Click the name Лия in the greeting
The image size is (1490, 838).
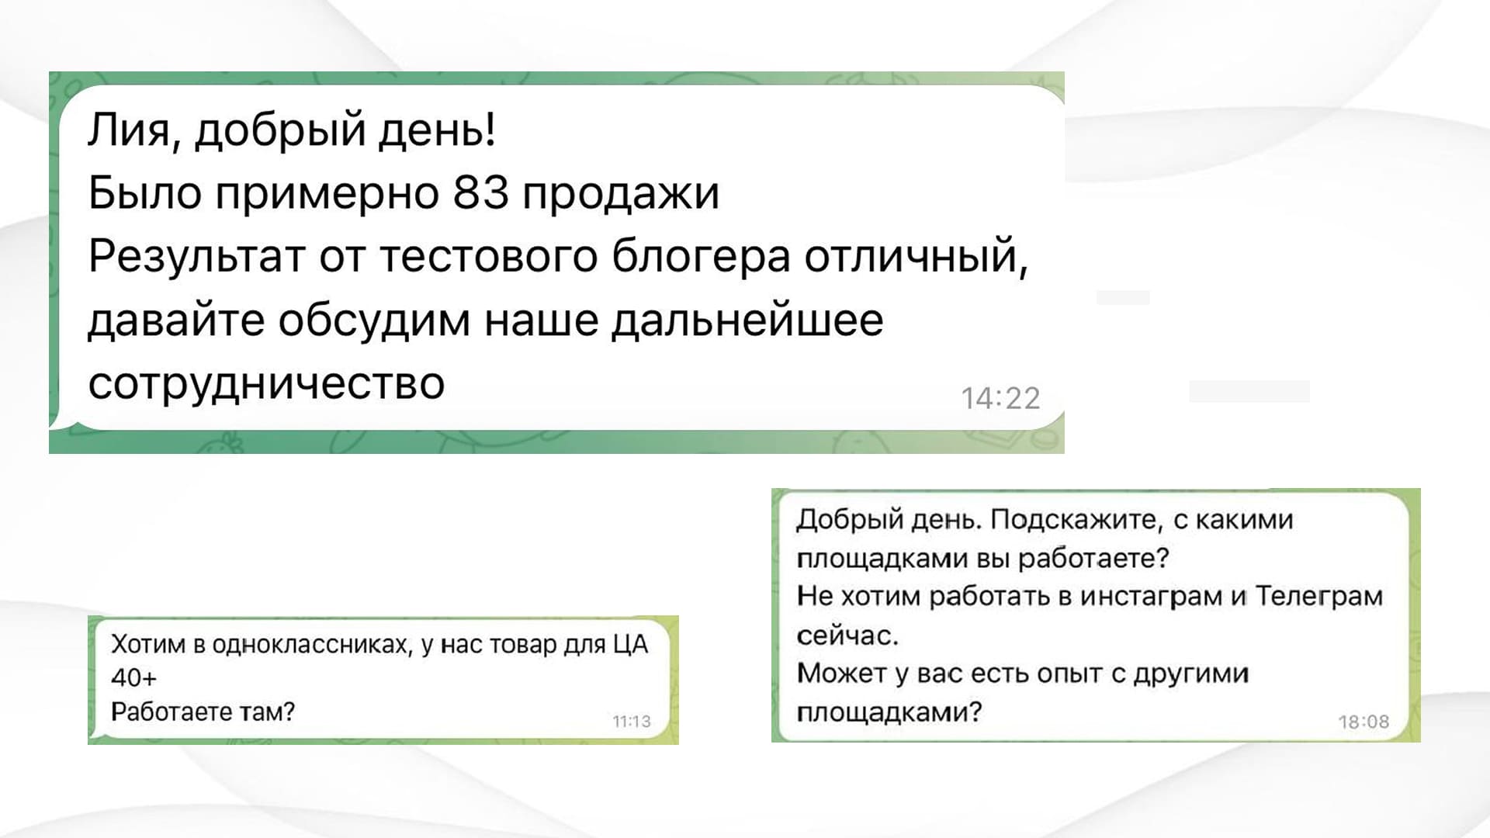click(128, 130)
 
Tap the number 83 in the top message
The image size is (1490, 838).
click(480, 192)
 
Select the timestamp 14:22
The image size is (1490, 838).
click(1000, 398)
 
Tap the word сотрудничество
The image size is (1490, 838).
click(266, 384)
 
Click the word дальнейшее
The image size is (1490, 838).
click(747, 320)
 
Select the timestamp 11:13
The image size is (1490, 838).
click(632, 722)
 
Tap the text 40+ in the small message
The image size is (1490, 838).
click(133, 677)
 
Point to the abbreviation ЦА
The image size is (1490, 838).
click(631, 645)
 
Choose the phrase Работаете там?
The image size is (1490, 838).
click(203, 712)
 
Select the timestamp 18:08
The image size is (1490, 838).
click(1364, 722)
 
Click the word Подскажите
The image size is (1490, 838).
click(1077, 520)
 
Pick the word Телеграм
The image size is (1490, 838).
click(1319, 596)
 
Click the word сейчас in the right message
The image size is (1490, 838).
click(847, 635)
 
